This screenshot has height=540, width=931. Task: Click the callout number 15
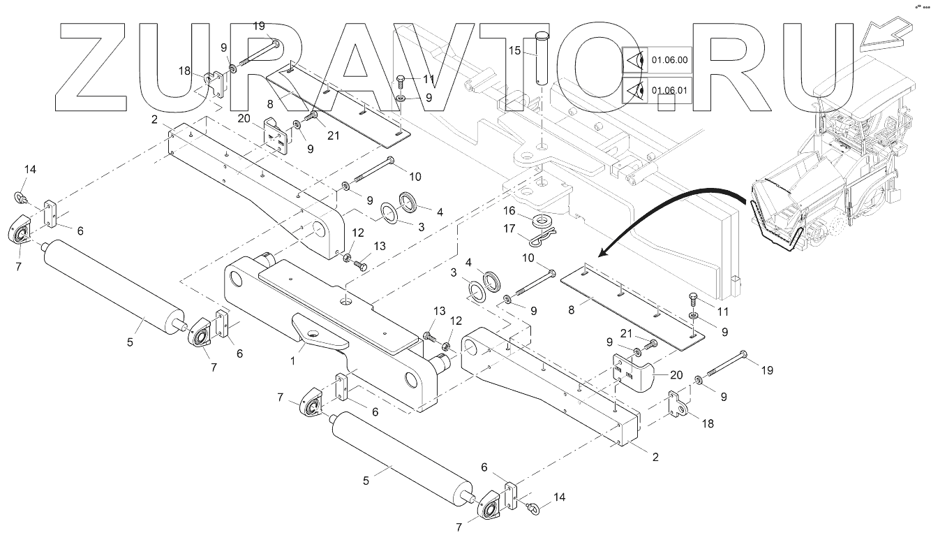(x=514, y=50)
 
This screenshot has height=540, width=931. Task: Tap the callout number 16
(x=510, y=210)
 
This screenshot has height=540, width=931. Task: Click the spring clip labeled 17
(x=539, y=239)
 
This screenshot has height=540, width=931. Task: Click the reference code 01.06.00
(x=669, y=61)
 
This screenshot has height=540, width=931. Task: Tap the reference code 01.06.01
(x=669, y=91)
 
